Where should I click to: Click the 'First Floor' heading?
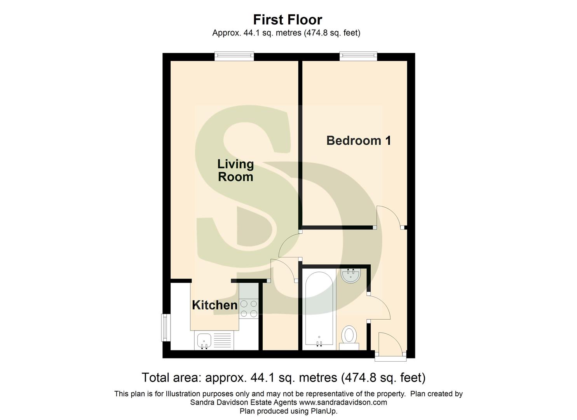click(x=288, y=19)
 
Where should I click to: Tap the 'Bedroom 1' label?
click(x=358, y=140)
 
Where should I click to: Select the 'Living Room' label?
click(x=235, y=170)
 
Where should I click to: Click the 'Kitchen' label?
click(x=214, y=305)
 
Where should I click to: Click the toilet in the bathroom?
click(x=349, y=336)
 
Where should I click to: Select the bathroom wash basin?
click(x=351, y=275)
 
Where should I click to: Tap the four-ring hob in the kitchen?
click(x=249, y=308)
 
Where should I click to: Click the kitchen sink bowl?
click(x=204, y=341)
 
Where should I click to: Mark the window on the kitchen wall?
click(x=166, y=327)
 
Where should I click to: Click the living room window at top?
click(x=234, y=56)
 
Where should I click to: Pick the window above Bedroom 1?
click(x=358, y=56)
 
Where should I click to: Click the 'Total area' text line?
click(x=283, y=378)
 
